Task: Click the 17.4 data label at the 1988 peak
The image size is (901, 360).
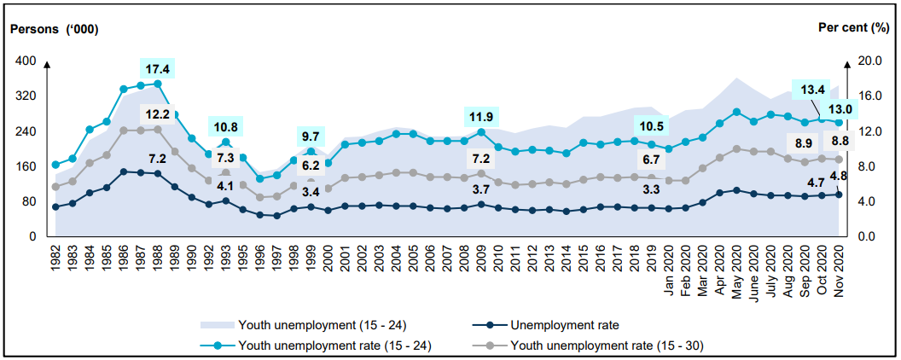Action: pos(157,67)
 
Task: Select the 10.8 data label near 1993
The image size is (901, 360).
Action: pos(225,126)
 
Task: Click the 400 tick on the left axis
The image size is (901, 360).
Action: pos(26,61)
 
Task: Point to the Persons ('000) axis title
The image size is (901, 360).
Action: pos(54,28)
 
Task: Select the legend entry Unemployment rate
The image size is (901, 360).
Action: pos(559,324)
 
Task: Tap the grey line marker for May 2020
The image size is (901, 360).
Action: pos(736,148)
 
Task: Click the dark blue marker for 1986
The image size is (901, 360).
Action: pos(124,171)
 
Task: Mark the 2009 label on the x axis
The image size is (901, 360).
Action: pos(481,257)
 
